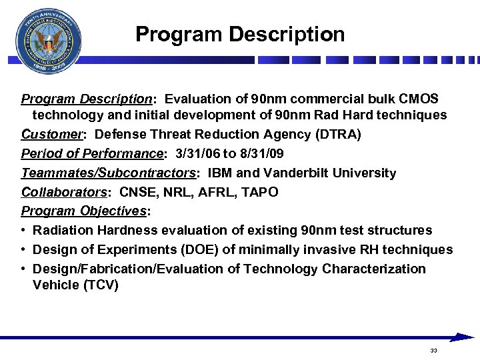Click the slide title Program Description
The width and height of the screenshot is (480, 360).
click(x=240, y=34)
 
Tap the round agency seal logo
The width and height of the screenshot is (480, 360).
click(x=48, y=41)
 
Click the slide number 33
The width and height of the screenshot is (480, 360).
click(x=433, y=351)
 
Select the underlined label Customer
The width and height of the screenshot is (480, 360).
click(x=52, y=134)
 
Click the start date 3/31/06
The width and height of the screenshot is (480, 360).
click(x=197, y=153)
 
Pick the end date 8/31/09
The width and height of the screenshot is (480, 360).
click(x=260, y=153)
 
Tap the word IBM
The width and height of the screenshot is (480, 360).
click(x=221, y=173)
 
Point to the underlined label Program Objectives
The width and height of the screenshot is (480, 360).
click(x=84, y=211)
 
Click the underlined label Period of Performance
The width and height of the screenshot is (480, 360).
click(x=92, y=153)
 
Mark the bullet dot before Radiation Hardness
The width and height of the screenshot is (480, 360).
click(x=24, y=231)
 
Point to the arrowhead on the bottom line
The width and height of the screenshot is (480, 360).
click(x=463, y=337)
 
